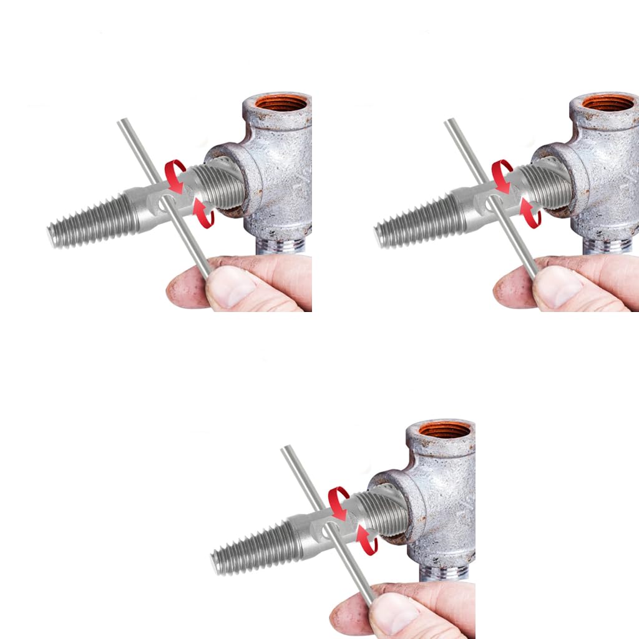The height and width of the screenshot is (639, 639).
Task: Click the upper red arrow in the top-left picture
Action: pyautogui.click(x=175, y=174)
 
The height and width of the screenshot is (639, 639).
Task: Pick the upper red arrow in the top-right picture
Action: pyautogui.click(x=502, y=174)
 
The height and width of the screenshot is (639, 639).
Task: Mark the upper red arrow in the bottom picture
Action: pyautogui.click(x=338, y=501)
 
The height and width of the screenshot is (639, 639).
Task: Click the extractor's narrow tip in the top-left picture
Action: pyautogui.click(x=53, y=237)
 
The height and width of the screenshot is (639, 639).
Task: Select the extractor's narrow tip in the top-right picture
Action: pyautogui.click(x=380, y=237)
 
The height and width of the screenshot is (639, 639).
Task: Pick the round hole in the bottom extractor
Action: pyautogui.click(x=326, y=529)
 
